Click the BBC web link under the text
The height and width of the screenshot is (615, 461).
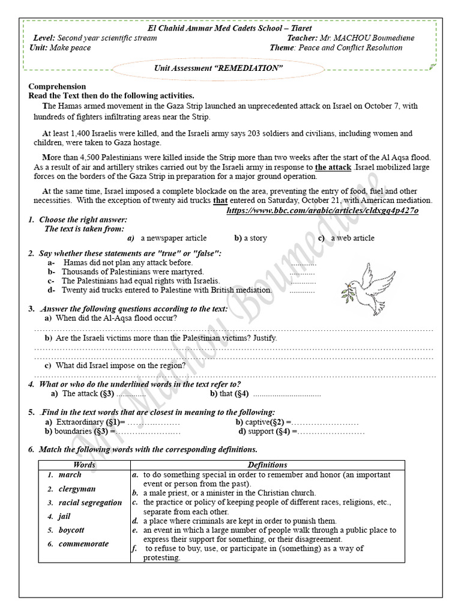322,211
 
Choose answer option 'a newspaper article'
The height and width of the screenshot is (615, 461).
173,238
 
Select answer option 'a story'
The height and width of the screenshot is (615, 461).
255,238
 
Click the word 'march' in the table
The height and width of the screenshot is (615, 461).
70,475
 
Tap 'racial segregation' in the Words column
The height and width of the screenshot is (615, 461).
90,503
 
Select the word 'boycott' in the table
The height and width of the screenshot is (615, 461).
71,530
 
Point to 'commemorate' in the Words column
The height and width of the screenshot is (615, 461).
83,544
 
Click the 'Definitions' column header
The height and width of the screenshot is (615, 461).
267,465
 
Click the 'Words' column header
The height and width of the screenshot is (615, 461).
84,465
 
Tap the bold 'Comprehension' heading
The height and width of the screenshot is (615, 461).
57,86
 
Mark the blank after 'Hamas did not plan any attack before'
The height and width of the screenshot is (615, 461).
303,263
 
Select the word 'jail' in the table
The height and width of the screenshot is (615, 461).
64,517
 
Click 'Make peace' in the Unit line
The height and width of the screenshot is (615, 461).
70,47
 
